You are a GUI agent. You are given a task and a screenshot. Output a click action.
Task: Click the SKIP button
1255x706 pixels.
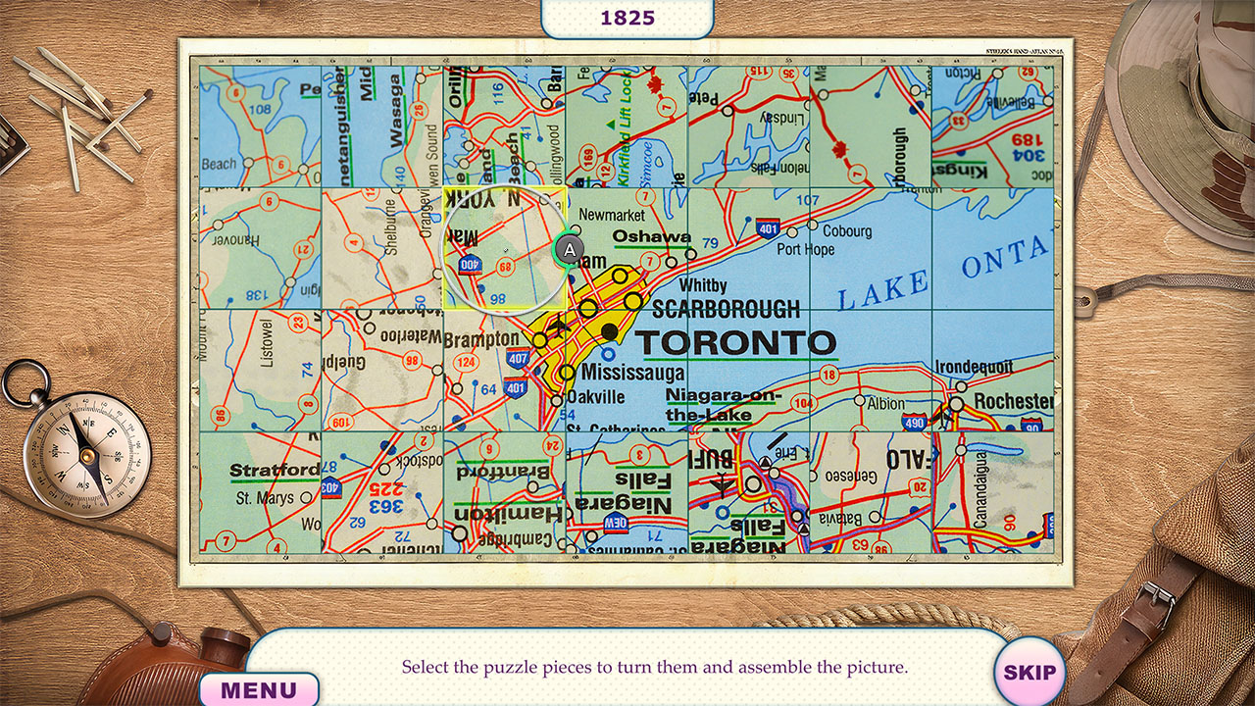[x=1029, y=673]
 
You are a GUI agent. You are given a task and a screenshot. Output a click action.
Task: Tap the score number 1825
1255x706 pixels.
[x=627, y=18]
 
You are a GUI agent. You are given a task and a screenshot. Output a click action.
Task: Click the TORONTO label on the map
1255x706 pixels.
[x=735, y=343]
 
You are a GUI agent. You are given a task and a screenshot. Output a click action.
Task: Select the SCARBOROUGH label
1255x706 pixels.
[x=726, y=309]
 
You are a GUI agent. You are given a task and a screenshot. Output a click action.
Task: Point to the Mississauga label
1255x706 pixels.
[x=632, y=374]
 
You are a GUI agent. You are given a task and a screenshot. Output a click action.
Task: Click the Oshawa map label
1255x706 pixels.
[x=652, y=236]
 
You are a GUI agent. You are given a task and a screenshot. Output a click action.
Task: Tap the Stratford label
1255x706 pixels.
[x=274, y=471]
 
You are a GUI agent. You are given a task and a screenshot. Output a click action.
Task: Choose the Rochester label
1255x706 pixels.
[x=1013, y=401]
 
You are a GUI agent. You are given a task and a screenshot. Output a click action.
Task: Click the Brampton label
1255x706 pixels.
[x=481, y=339]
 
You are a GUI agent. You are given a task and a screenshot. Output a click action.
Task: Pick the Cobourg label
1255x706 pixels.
[x=845, y=231]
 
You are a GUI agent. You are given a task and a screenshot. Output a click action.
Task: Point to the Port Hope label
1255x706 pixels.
[x=805, y=250]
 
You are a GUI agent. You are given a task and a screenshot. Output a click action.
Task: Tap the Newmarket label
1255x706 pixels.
[x=612, y=215]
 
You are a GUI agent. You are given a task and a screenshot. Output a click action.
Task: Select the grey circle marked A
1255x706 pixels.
[x=570, y=249]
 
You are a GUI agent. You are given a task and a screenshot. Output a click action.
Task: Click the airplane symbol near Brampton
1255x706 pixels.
[x=560, y=326]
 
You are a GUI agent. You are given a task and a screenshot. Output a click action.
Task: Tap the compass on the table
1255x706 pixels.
[x=86, y=451]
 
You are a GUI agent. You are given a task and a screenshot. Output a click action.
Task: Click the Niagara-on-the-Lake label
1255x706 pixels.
[x=724, y=405]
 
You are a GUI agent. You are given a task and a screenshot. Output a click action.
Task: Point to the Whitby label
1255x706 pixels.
[x=703, y=285]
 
